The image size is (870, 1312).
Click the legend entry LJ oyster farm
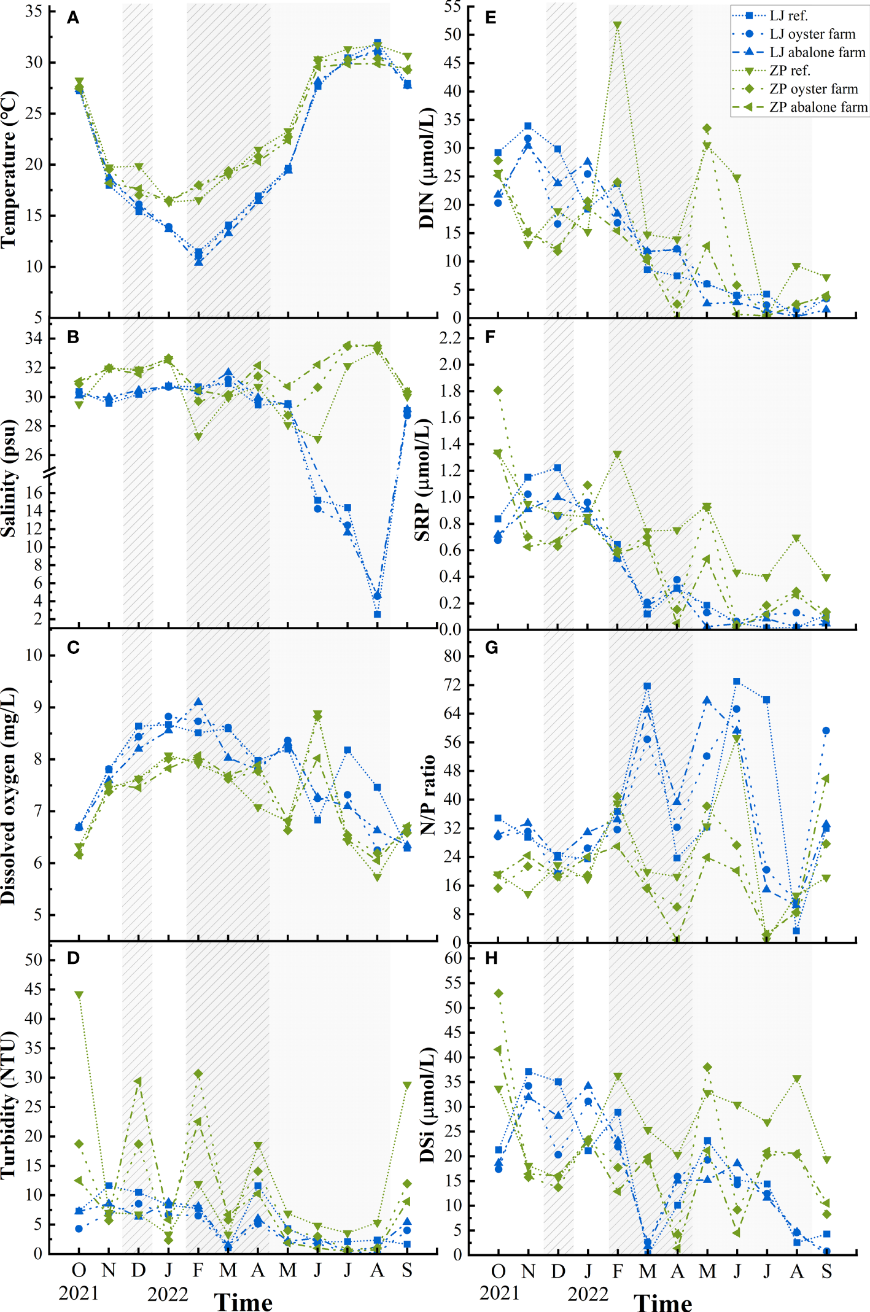coord(812,34)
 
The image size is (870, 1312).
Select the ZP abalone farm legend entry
coord(818,107)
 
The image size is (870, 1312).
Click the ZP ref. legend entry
coord(790,71)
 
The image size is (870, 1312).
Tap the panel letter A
coord(73,18)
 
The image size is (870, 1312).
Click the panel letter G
coord(491,648)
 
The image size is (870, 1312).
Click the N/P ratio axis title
coord(428,795)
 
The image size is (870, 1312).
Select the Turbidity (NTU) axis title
coord(9,1105)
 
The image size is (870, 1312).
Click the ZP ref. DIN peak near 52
coord(617,26)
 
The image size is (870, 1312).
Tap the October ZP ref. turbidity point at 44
coord(79,995)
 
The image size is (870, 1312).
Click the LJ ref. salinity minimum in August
coord(377,614)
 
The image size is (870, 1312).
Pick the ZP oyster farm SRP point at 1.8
coord(498,390)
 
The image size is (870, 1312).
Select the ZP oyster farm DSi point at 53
coord(499,993)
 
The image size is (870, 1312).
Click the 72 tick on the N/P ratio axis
coord(452,685)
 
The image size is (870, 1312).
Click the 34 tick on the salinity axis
coord(34,338)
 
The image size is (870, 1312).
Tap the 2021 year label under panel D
coord(79,1293)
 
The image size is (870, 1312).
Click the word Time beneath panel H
coord(662,1303)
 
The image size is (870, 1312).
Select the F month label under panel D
coord(198,1270)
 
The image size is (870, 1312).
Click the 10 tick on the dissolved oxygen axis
coord(34,655)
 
